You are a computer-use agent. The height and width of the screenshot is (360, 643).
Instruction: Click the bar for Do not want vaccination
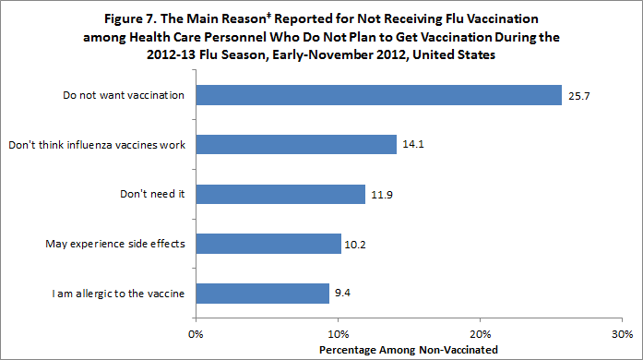378,95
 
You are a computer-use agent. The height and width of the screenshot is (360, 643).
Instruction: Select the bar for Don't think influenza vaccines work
295,145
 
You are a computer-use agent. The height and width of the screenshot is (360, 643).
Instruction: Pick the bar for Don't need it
280,195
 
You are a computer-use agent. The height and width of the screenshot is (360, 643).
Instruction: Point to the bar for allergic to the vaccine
262,294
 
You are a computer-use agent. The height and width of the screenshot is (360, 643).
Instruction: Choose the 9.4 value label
343,294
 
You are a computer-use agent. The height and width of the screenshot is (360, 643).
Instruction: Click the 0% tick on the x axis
196,333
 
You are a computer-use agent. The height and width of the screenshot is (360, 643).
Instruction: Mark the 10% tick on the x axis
339,333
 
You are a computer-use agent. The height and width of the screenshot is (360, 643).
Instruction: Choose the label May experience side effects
116,245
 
